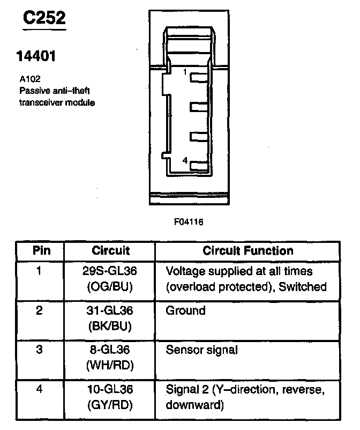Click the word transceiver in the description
point(40,102)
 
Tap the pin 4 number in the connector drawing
point(184,160)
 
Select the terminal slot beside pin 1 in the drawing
point(200,78)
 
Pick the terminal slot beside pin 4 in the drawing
point(200,167)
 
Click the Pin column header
point(41,250)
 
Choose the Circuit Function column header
point(248,250)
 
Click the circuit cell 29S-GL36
point(110,271)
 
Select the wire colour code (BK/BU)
point(110,325)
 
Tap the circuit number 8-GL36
point(110,350)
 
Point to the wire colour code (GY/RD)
point(110,405)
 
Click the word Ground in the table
point(186,310)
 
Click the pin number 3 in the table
point(39,350)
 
